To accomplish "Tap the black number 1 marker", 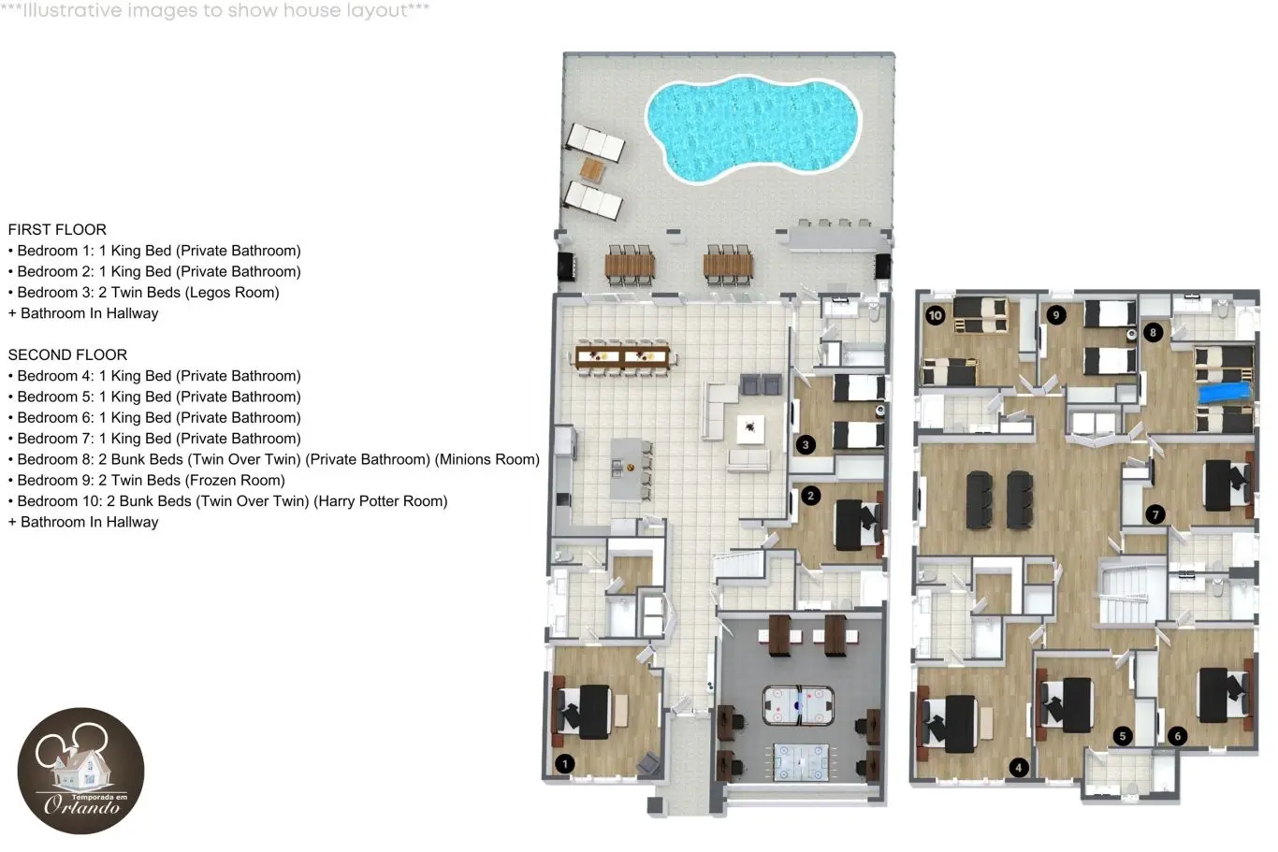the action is pos(565,763).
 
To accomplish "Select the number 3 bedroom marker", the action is pos(805,445).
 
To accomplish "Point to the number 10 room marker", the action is pos(935,315).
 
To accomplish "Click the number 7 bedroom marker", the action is pos(1155,515).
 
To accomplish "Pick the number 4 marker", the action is pos(1019,768).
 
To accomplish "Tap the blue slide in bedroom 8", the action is pos(1225,393).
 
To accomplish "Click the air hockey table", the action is pos(798,706).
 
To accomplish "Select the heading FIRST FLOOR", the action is pos(57,229).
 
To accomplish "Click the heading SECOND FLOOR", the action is pos(67,354).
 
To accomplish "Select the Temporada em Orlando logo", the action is pos(81,771).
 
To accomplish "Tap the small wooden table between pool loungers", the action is pos(592,170).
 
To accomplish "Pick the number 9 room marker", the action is pos(1056,315).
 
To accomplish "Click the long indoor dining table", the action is pos(622,358).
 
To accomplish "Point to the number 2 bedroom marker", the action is pos(810,496).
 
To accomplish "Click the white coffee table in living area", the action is pos(750,429).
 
